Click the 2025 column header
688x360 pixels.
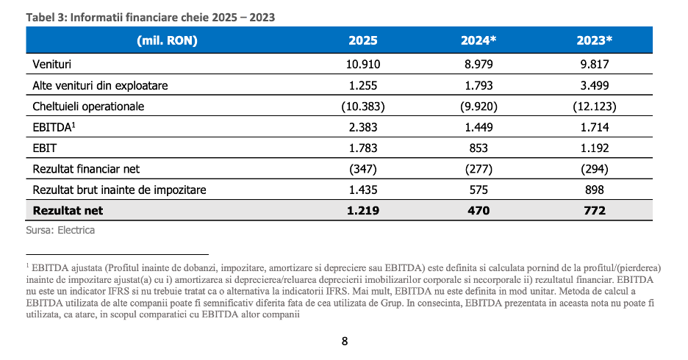[363, 40]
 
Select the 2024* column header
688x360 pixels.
[479, 40]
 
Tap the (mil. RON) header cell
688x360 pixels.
[167, 40]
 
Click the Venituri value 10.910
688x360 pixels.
[363, 65]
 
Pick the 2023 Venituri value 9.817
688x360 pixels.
[595, 65]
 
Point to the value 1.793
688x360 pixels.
[479, 85]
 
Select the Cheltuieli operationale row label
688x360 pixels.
[88, 107]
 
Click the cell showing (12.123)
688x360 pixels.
[595, 107]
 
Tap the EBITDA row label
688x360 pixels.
[54, 127]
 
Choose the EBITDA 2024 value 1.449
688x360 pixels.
[479, 127]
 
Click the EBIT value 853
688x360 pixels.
[479, 148]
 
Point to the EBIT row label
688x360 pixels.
[44, 148]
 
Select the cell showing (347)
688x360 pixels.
[363, 169]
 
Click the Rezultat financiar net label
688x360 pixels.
[86, 169]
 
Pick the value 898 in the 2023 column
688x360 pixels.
[595, 190]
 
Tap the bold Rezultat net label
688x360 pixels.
[68, 211]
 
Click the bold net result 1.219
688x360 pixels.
[363, 211]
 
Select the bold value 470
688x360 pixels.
[479, 211]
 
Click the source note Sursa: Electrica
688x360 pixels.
[60, 230]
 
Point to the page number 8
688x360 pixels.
[345, 341]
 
